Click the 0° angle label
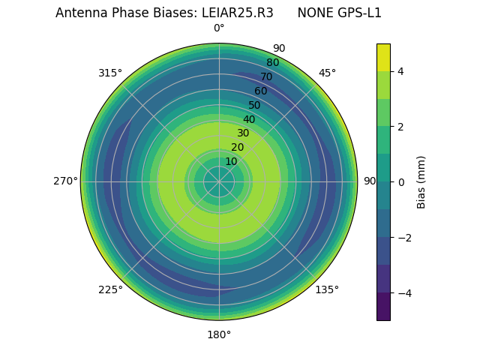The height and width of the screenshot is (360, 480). pos(219,28)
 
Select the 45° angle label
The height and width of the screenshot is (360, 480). pos(327,73)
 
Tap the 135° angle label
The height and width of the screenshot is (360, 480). pos(327,289)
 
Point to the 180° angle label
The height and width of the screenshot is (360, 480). pos(219,334)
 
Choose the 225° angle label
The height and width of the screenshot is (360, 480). pos(110,289)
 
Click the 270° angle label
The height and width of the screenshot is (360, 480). pos(65,181)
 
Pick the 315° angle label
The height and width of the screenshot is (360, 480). pos(110,73)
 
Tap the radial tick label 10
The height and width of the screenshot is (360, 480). pos(231,162)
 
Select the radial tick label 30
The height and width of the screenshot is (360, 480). pos(243,133)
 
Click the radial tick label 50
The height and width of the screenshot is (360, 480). pos(255,106)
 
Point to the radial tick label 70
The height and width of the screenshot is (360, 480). pos(266,77)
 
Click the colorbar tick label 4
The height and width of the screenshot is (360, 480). pos(400,71)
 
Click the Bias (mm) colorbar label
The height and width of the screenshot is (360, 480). pos(421,181)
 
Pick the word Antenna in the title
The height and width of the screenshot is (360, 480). pos(77,13)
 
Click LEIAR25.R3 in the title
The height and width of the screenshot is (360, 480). pos(237,13)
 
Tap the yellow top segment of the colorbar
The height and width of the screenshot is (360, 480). pos(383,57)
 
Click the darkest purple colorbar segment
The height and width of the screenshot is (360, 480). pos(383,307)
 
